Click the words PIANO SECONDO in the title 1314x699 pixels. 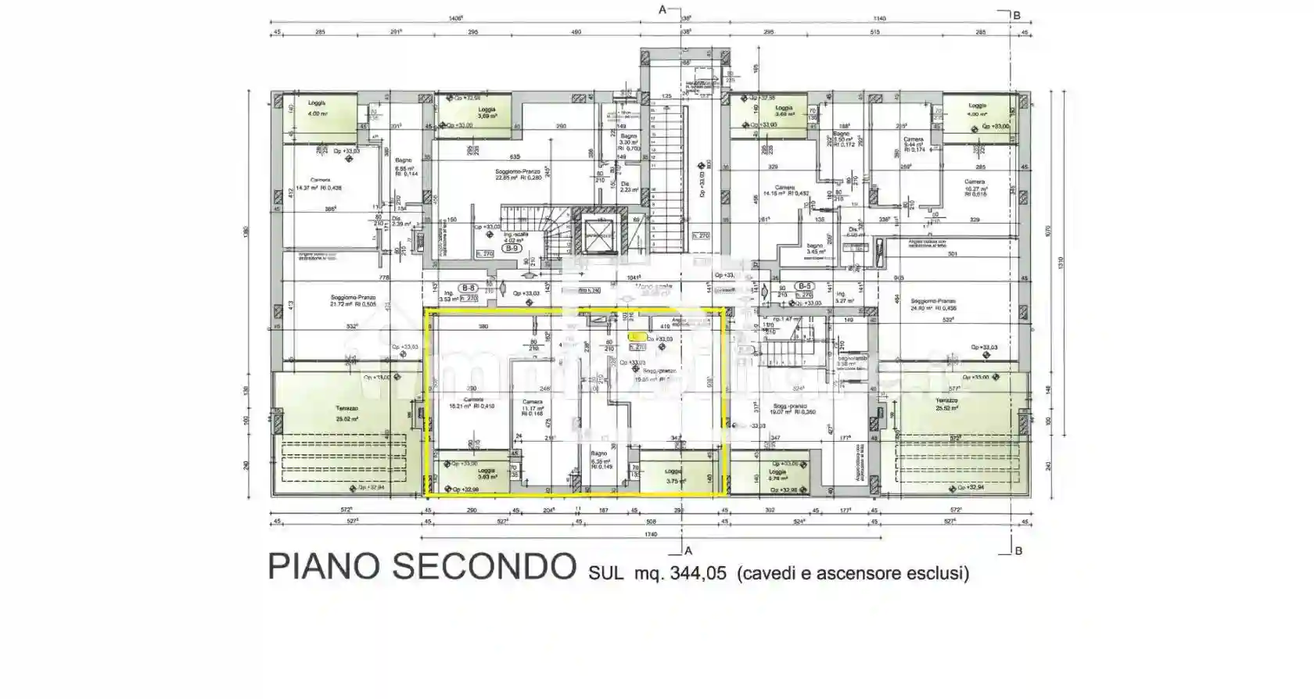[422, 566]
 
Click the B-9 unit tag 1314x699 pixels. [512, 249]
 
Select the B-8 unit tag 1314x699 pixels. [469, 288]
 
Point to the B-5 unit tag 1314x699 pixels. [804, 286]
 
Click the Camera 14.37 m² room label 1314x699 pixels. [320, 184]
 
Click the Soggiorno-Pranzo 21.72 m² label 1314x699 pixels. [353, 300]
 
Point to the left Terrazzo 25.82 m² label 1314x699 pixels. [346, 414]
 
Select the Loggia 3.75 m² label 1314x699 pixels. [673, 477]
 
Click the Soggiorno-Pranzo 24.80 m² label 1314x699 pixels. [933, 304]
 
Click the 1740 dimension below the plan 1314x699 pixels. [651, 535]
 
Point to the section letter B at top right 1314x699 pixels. [1017, 15]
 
